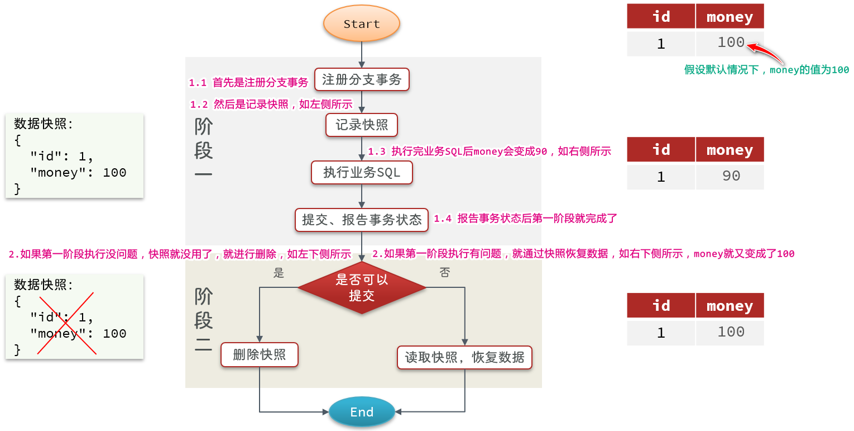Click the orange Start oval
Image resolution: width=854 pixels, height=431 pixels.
pyautogui.click(x=362, y=24)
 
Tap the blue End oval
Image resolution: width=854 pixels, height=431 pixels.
pyautogui.click(x=362, y=412)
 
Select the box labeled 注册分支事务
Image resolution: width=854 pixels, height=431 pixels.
pyautogui.click(x=362, y=80)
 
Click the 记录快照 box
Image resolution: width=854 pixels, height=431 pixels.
pyautogui.click(x=362, y=125)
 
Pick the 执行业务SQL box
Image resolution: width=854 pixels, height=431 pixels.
pyautogui.click(x=362, y=173)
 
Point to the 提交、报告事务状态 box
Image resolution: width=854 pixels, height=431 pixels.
pyautogui.click(x=362, y=220)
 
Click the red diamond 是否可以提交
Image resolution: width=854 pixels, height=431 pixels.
pyautogui.click(x=362, y=288)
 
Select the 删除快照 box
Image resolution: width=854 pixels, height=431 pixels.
pyautogui.click(x=260, y=355)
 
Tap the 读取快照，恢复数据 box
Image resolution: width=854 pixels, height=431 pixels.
pyautogui.click(x=464, y=357)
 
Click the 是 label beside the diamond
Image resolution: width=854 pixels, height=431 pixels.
pyautogui.click(x=279, y=273)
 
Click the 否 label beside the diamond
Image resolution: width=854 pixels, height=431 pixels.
pyautogui.click(x=444, y=273)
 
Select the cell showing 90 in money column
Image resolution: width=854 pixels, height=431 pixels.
pyautogui.click(x=730, y=177)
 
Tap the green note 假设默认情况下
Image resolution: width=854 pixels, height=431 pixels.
pyautogui.click(x=766, y=70)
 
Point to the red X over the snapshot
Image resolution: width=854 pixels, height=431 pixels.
pyautogui.click(x=66, y=323)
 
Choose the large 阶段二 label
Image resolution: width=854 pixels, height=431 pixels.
pyautogui.click(x=203, y=320)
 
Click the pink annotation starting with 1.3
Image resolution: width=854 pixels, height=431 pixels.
pyautogui.click(x=490, y=151)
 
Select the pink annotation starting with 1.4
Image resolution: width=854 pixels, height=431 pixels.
pyautogui.click(x=525, y=219)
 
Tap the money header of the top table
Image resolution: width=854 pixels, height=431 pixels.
pyautogui.click(x=730, y=17)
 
